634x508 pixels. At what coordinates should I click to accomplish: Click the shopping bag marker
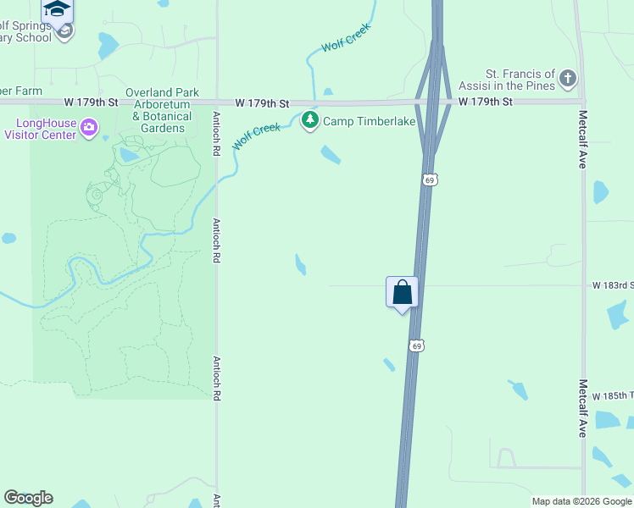tap(403, 293)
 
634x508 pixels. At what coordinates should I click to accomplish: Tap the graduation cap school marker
tap(57, 9)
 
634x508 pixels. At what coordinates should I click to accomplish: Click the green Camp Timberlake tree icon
tap(310, 121)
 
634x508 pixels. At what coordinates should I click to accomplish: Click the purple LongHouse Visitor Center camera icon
tap(89, 128)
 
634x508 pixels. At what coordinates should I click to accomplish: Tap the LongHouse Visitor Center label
tap(47, 128)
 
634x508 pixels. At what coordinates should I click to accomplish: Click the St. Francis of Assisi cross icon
tap(567, 80)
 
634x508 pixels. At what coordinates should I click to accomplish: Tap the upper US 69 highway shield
tap(430, 179)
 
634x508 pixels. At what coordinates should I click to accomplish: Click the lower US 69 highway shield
tap(415, 345)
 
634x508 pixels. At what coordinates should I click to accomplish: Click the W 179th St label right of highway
tap(486, 102)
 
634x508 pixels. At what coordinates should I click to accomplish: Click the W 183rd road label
tap(613, 285)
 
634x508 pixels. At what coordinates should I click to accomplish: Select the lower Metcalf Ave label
tap(582, 407)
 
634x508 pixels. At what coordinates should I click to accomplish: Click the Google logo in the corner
tap(29, 498)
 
